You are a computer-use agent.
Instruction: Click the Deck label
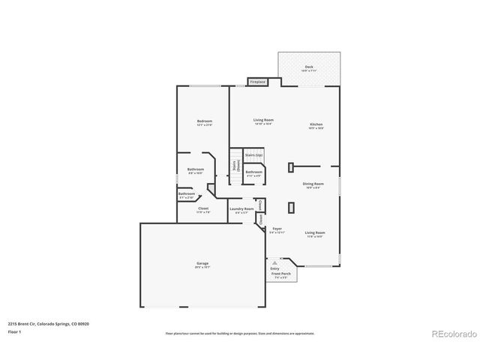click(309, 67)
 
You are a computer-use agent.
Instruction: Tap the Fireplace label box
click(258, 81)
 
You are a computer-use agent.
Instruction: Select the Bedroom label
click(205, 121)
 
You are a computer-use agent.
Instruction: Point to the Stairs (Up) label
click(253, 155)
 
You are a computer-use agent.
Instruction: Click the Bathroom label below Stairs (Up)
click(253, 172)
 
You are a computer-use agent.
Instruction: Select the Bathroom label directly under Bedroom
click(196, 169)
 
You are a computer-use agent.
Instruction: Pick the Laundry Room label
click(241, 209)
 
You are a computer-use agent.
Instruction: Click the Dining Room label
click(313, 184)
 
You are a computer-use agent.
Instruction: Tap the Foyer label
click(277, 228)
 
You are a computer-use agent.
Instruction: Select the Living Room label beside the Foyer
click(315, 233)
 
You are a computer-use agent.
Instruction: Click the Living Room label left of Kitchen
click(262, 121)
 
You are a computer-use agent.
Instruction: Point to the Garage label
click(202, 263)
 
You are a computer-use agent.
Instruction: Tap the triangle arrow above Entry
click(275, 262)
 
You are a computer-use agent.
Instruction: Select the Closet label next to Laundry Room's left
click(202, 209)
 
